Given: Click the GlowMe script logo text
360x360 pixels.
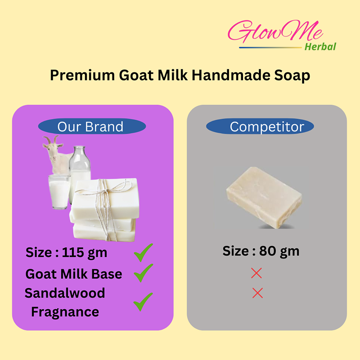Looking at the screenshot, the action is (275, 31).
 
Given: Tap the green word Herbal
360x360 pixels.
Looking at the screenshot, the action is (320, 47).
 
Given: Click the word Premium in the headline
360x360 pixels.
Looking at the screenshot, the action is (82, 75).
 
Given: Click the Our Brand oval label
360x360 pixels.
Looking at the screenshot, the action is (92, 126).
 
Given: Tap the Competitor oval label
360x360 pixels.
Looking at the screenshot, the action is (260, 126).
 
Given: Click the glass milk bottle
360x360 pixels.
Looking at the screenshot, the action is (80, 170).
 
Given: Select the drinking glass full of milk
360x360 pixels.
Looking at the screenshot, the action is (59, 192).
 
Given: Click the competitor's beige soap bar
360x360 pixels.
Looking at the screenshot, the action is (264, 198).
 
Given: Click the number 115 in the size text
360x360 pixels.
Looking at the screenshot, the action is (73, 252).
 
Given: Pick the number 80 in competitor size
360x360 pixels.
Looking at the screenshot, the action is (268, 251).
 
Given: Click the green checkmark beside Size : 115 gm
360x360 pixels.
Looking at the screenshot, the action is (143, 253).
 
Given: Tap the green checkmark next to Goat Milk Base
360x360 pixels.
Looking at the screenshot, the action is (143, 273).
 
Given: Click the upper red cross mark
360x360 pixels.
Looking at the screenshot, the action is (256, 273).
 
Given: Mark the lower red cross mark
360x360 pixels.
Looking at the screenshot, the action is (257, 293).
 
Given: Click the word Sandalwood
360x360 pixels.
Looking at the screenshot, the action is (65, 293).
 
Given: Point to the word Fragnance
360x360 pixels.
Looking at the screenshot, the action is (65, 312).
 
